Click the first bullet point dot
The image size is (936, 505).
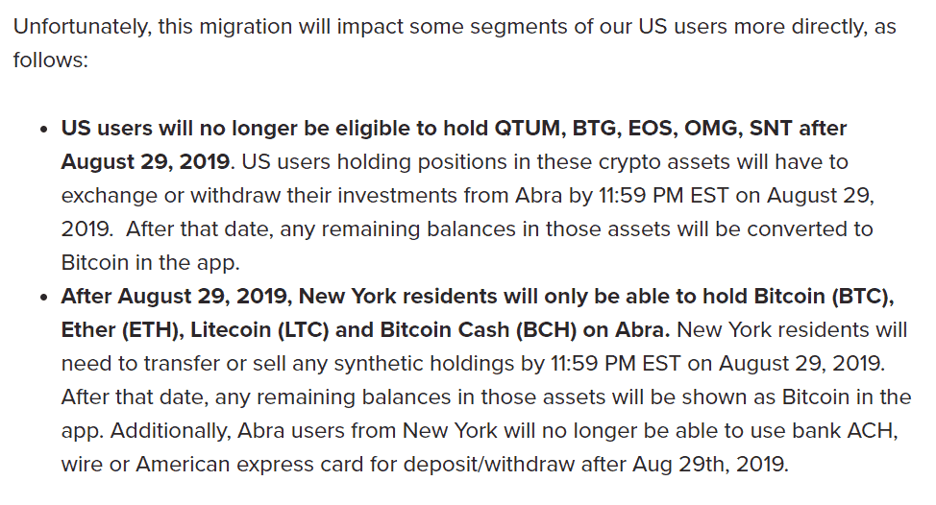[x=43, y=130]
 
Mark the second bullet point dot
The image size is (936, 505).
[x=43, y=298]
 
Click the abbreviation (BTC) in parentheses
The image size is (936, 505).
[x=863, y=297]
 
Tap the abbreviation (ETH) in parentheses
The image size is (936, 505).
[x=152, y=330]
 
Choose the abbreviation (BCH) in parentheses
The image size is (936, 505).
[x=546, y=330]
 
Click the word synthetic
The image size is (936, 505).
[x=378, y=364]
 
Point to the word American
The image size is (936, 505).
[x=183, y=465]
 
